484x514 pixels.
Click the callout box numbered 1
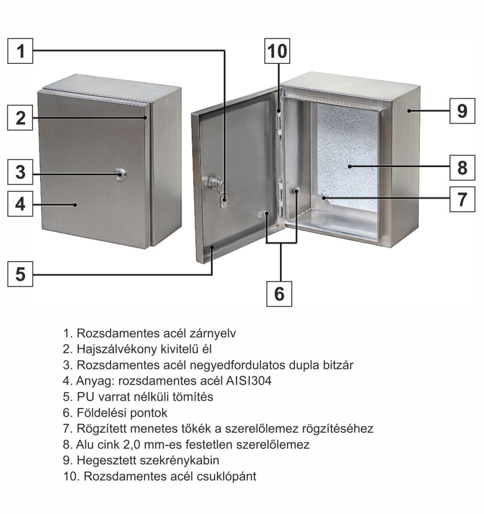[20, 51]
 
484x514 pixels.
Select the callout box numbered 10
[277, 51]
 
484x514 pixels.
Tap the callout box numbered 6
[279, 294]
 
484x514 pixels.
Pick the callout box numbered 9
[462, 111]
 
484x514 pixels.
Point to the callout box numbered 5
[20, 274]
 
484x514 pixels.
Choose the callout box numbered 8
[462, 168]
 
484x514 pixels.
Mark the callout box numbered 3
[20, 172]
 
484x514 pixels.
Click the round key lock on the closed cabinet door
[121, 174]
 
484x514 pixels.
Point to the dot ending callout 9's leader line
[409, 111]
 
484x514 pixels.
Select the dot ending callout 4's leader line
[75, 205]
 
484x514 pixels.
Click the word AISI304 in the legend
[249, 381]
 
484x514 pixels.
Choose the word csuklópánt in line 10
[226, 476]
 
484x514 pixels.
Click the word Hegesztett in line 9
[106, 460]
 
